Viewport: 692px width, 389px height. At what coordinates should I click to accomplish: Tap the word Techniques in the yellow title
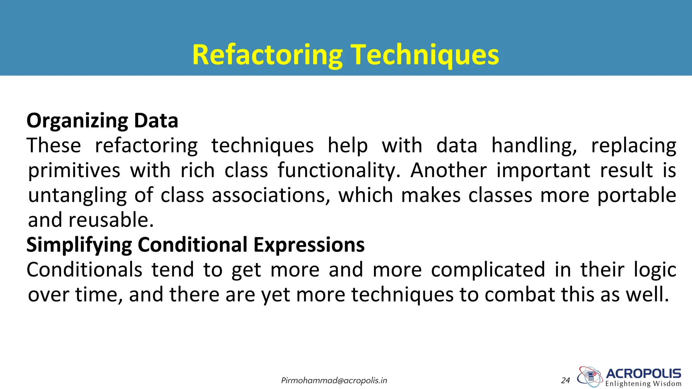(x=425, y=55)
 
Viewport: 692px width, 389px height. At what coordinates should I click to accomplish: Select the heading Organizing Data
(x=102, y=121)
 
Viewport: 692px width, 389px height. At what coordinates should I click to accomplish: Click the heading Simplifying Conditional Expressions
(x=195, y=244)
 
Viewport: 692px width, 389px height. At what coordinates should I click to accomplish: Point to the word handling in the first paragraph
(x=534, y=146)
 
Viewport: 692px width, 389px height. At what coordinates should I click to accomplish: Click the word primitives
(x=74, y=170)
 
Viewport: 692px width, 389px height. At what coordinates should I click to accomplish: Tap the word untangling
(x=77, y=195)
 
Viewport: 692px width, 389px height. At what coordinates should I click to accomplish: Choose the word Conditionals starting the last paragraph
(x=84, y=269)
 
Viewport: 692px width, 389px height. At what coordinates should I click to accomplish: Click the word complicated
(x=488, y=269)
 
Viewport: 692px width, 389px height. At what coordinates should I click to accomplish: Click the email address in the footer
(x=334, y=381)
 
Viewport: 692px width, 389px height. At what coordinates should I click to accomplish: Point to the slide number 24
(x=565, y=381)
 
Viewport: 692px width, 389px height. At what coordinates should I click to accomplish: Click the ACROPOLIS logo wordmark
(x=643, y=373)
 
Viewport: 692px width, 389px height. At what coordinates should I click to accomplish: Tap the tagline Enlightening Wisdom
(x=643, y=384)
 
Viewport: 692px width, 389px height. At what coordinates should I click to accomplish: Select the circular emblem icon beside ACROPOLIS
(x=590, y=376)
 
